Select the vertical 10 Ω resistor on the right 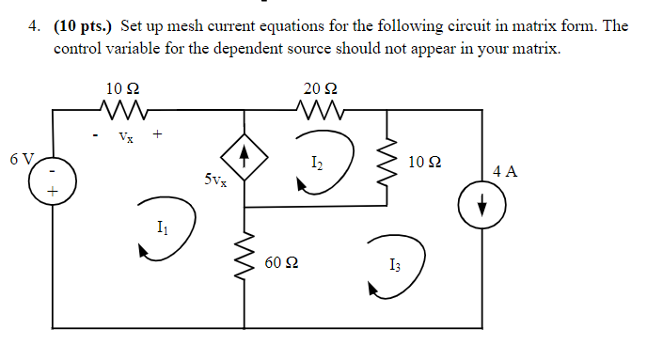(x=386, y=165)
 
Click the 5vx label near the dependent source (x=214, y=179)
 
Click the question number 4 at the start (x=35, y=26)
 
